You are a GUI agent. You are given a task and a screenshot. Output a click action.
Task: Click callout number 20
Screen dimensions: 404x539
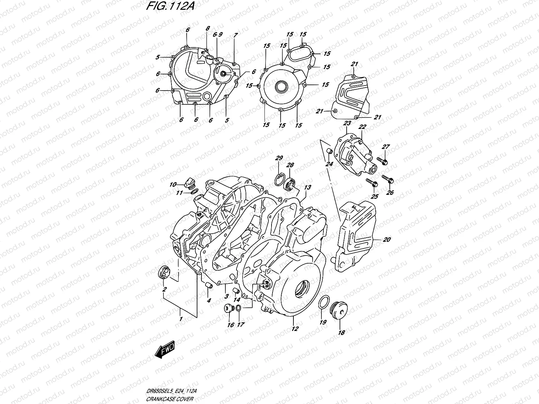[x=387, y=240]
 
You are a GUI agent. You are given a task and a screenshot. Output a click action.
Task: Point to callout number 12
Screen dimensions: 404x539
[x=295, y=329]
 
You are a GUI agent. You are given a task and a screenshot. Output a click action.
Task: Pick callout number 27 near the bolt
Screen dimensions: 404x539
[x=386, y=147]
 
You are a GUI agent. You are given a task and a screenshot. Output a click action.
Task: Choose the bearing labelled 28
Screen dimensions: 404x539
[x=290, y=185]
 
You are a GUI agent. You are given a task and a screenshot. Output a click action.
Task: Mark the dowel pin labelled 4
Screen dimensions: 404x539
[x=209, y=286]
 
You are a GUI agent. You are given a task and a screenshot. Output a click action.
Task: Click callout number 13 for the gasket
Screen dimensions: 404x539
[x=308, y=188]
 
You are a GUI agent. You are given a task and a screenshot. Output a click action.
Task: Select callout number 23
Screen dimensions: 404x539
[x=347, y=124]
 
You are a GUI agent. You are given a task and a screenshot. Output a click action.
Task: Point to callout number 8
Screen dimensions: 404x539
[x=208, y=28]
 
